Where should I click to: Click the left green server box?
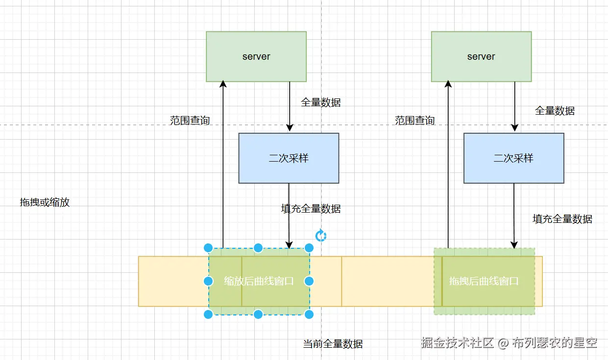[x=256, y=56]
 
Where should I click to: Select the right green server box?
[x=481, y=56]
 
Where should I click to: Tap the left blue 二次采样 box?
[x=289, y=158]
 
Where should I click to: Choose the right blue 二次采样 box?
[x=514, y=158]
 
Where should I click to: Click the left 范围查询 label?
[x=190, y=120]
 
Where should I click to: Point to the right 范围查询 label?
[x=415, y=120]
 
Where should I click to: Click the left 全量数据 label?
[x=321, y=102]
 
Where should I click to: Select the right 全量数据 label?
[x=555, y=111]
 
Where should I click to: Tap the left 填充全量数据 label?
[x=311, y=209]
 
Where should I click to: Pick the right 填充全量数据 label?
[x=562, y=219]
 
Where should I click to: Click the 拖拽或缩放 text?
[x=45, y=202]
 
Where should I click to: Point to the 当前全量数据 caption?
[x=333, y=344]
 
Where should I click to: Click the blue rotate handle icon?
[x=321, y=236]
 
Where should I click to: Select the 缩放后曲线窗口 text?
[x=259, y=281]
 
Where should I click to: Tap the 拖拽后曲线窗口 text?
[x=484, y=281]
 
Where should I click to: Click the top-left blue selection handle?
[x=208, y=248]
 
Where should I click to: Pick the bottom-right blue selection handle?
[x=309, y=314]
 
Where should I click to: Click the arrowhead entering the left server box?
[x=223, y=84]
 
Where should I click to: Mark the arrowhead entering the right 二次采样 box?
[x=514, y=128]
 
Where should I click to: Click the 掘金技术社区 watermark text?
[x=458, y=343]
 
